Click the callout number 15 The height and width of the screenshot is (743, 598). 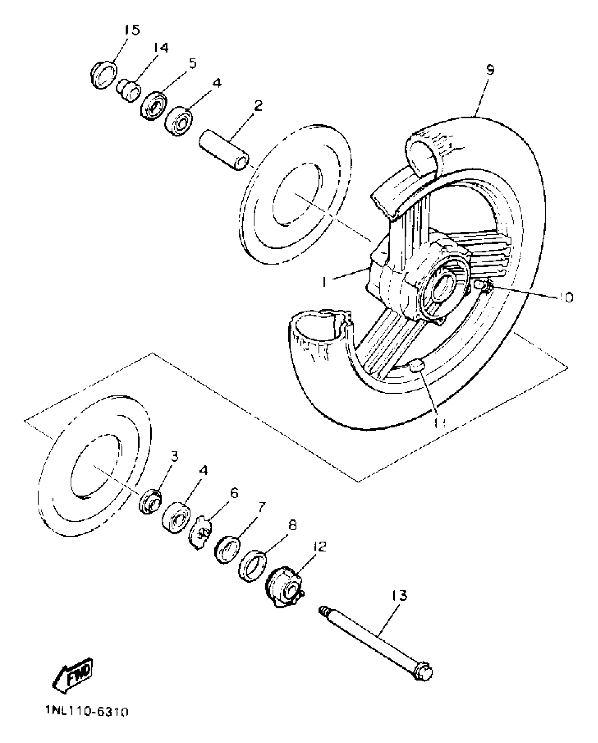pyautogui.click(x=132, y=30)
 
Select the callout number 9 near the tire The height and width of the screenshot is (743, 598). pyautogui.click(x=490, y=70)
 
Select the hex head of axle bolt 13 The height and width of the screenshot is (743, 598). pyautogui.click(x=423, y=672)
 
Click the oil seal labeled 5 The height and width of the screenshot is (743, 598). pyautogui.click(x=154, y=106)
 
